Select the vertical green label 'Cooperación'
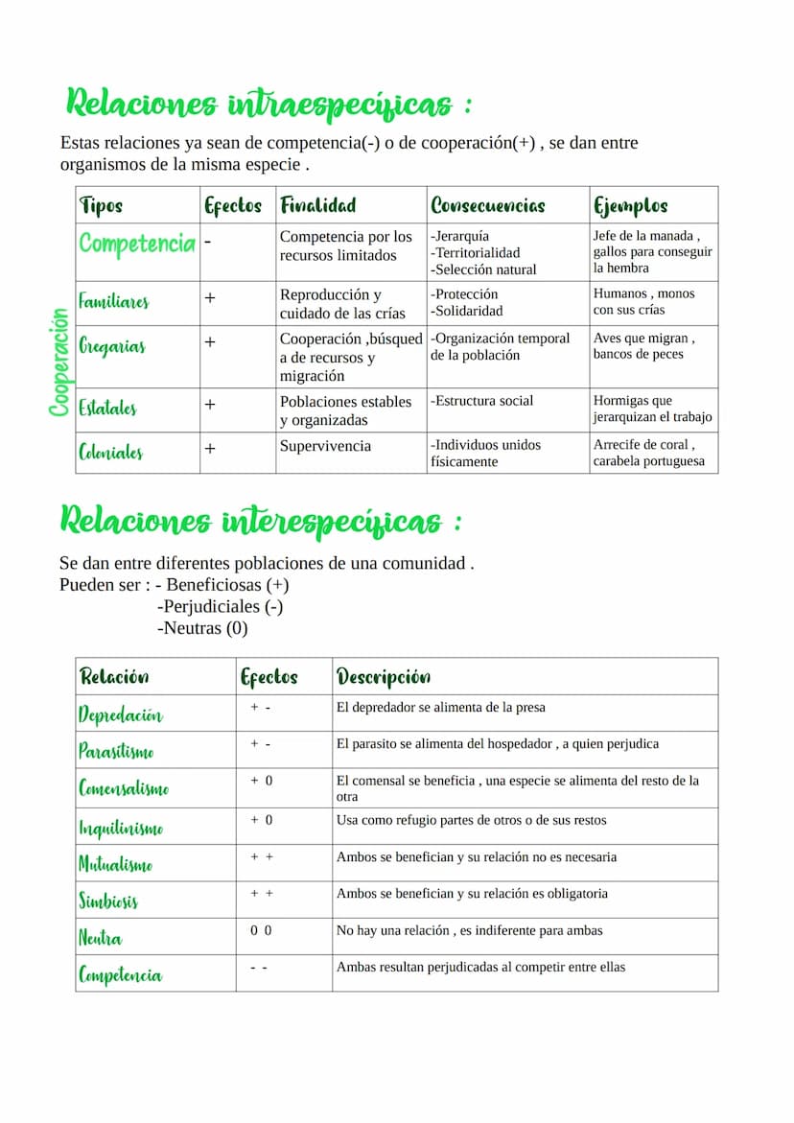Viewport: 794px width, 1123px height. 60,363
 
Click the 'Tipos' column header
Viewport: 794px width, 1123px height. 102,205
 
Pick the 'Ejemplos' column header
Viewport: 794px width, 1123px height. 630,205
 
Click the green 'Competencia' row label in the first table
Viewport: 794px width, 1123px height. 137,244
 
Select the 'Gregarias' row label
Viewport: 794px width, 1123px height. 112,346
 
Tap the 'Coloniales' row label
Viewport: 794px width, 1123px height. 111,452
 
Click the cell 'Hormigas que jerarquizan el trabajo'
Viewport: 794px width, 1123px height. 652,409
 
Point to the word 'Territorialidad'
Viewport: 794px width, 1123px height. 475,253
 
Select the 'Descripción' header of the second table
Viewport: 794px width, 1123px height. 383,677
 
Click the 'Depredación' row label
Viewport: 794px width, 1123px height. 121,715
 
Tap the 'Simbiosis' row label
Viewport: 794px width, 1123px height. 108,901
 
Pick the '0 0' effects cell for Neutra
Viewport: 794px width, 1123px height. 261,930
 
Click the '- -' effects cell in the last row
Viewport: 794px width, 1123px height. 259,968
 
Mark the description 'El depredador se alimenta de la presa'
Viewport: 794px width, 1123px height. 440,708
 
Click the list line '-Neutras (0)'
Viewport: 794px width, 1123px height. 201,629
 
